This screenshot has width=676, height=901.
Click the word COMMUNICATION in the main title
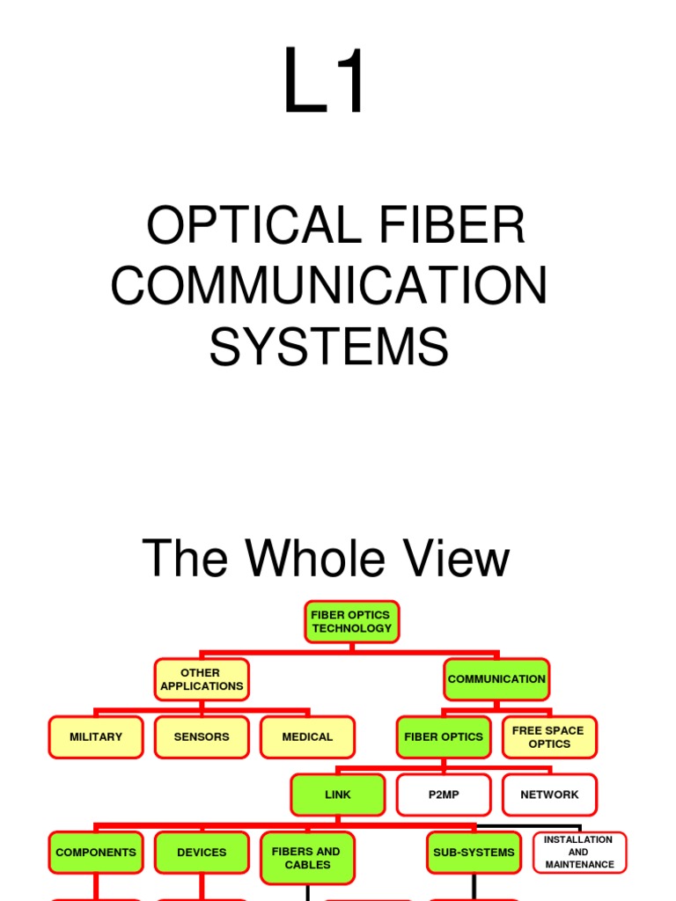pos(329,285)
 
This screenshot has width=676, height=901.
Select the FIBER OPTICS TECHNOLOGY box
pos(351,622)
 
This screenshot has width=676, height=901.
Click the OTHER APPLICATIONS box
pos(201,679)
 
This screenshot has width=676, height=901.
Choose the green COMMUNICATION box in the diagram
pos(496,679)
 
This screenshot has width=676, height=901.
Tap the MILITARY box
pos(96,737)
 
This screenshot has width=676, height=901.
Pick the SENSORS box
pos(202,737)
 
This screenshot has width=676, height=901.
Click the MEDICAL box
pos(307,737)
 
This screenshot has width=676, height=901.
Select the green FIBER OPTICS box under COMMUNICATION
pos(444,737)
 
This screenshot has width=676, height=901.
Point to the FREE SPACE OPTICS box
pos(548,737)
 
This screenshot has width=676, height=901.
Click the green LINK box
pos(338,795)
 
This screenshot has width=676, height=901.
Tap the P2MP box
pos(444,795)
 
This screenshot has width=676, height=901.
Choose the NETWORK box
pos(549,795)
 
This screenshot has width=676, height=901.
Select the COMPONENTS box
pos(96,853)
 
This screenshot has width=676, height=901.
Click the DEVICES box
pos(202,853)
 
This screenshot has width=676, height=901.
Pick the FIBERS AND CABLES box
pos(307,858)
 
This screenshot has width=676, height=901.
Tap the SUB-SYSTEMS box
pos(474,853)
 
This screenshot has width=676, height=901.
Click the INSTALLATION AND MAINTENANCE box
pos(578,853)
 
